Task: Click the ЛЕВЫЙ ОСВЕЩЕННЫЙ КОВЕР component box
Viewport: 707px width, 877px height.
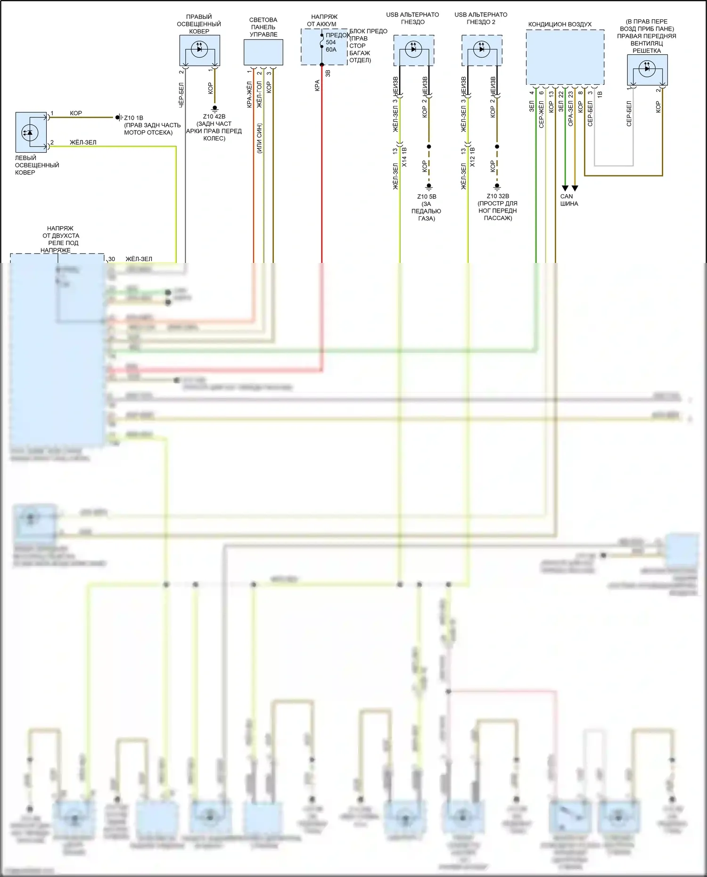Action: click(x=31, y=132)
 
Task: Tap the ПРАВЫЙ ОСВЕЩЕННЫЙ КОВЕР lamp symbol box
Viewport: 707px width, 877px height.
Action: click(x=199, y=50)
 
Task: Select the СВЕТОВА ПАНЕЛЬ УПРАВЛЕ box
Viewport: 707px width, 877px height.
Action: click(x=263, y=52)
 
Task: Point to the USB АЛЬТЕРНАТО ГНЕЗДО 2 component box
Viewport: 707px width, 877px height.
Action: click(x=482, y=50)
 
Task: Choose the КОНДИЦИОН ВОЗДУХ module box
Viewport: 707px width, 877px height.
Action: click(x=565, y=57)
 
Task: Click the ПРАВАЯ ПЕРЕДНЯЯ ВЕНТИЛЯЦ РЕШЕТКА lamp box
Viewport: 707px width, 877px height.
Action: click(x=647, y=70)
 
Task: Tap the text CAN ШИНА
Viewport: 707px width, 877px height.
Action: click(x=569, y=200)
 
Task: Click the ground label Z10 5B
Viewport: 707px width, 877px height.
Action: click(x=427, y=197)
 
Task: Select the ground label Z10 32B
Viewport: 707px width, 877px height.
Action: click(x=498, y=196)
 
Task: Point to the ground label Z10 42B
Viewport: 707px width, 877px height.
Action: click(x=214, y=116)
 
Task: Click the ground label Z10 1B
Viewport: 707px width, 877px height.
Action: click(x=133, y=118)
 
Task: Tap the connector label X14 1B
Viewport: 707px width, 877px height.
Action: click(x=404, y=156)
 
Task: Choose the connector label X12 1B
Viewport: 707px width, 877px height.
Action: click(x=472, y=156)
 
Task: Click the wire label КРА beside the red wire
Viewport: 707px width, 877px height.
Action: click(x=317, y=85)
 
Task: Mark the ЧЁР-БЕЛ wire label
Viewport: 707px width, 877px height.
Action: click(x=181, y=95)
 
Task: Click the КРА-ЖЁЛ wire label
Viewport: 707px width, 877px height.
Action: click(x=249, y=94)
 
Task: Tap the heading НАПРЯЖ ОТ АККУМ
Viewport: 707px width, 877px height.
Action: click(x=324, y=20)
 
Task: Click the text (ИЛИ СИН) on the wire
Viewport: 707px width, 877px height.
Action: click(x=260, y=138)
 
